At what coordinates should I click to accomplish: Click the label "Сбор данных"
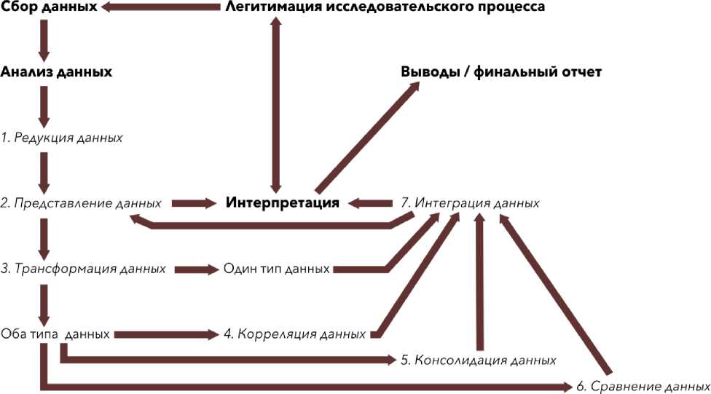(48, 7)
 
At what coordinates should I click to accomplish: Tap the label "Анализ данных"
(56, 72)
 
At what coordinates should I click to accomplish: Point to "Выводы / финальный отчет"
(501, 73)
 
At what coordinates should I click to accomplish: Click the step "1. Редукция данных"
(61, 137)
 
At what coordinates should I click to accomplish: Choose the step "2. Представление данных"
(81, 202)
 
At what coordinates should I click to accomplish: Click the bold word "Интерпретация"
(283, 202)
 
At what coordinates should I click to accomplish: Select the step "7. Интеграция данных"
(471, 202)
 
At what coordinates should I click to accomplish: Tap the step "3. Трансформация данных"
(82, 269)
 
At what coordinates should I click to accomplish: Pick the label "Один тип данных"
(278, 269)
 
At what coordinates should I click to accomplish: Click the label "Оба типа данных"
(55, 334)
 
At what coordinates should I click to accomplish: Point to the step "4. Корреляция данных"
(294, 334)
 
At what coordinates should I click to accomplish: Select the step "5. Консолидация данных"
(479, 360)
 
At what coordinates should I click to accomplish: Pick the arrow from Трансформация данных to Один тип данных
(196, 269)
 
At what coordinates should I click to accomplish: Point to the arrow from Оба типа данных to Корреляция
(167, 334)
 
